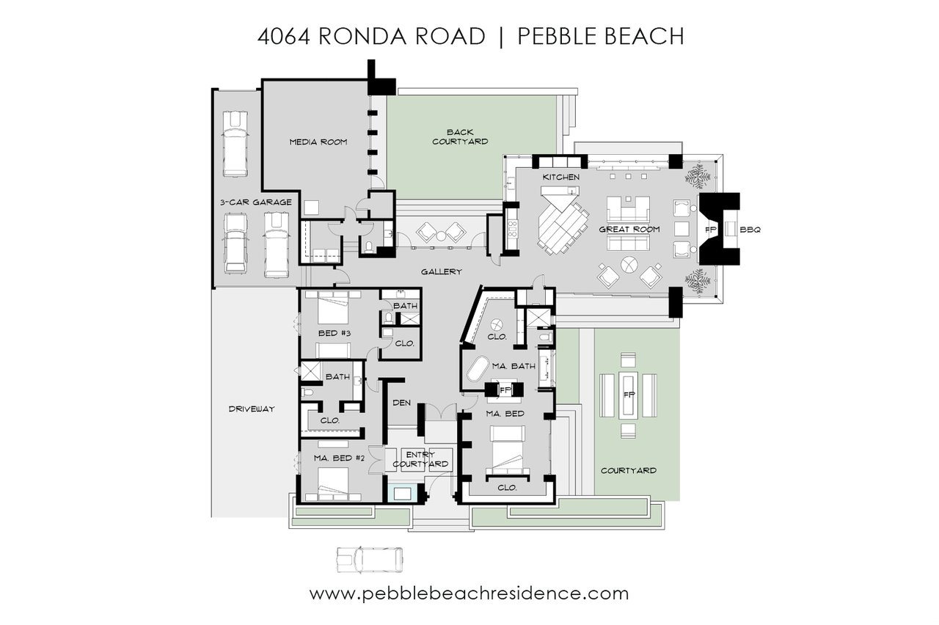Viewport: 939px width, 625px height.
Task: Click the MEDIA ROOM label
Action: (x=318, y=142)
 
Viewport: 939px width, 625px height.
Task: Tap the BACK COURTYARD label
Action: (x=460, y=137)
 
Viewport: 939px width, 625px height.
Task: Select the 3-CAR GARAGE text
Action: (x=256, y=202)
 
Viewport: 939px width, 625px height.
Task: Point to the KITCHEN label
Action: (x=561, y=178)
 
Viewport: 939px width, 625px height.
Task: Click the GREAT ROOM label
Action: (x=629, y=230)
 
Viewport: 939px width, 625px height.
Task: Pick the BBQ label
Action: (x=750, y=230)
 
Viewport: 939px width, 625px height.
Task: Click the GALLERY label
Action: (x=441, y=272)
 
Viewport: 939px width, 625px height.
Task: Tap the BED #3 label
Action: (x=334, y=334)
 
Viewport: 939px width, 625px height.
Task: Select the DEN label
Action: (x=401, y=403)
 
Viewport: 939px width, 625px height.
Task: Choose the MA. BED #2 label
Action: (x=339, y=458)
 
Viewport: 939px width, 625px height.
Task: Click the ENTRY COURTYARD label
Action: (x=420, y=459)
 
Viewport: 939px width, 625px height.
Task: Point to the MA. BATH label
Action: (x=514, y=366)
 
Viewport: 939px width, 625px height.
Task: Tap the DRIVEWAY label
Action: (x=252, y=409)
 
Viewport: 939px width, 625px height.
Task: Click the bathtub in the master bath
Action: (x=478, y=369)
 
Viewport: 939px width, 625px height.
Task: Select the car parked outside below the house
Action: (x=370, y=560)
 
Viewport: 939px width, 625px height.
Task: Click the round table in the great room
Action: (x=629, y=265)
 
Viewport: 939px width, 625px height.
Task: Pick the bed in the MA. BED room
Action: (x=507, y=450)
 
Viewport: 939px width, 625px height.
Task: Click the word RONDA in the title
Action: (x=363, y=36)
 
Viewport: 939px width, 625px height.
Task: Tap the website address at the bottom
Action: (x=469, y=593)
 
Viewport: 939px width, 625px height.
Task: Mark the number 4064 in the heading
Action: (x=283, y=37)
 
